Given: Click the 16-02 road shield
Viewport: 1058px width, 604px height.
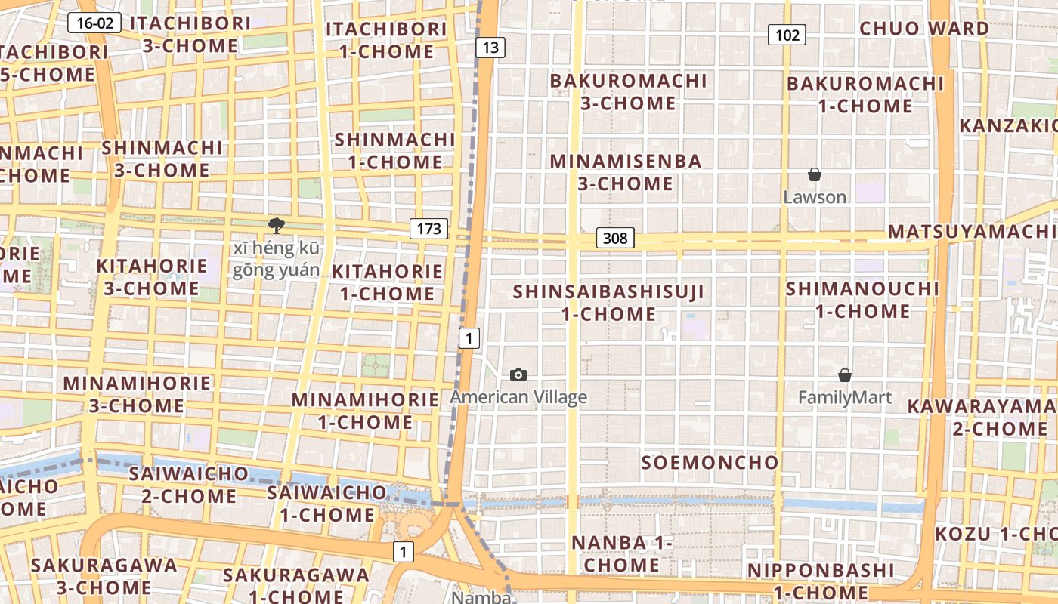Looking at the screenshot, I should [95, 23].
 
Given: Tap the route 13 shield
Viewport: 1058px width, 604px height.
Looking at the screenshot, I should [490, 48].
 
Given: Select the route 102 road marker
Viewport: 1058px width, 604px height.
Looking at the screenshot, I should [787, 35].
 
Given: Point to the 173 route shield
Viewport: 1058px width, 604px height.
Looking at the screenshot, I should [428, 229].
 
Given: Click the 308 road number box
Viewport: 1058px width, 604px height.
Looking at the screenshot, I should [615, 239].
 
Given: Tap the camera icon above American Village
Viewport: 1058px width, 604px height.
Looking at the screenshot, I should [518, 374].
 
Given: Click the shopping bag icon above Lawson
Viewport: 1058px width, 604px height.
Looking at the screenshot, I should [815, 175].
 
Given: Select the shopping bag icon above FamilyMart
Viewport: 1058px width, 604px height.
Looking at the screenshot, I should [845, 375].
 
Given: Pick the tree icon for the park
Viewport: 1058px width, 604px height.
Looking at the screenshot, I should [277, 225].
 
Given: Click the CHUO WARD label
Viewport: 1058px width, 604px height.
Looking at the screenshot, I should [924, 29].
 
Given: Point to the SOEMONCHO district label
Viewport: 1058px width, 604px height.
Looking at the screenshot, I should [710, 462].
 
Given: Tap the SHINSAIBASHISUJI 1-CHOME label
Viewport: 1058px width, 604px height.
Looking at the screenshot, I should [608, 302].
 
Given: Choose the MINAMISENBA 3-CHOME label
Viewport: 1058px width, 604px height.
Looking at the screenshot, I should [626, 172].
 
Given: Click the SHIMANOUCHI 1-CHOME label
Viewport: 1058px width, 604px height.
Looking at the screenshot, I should [862, 300].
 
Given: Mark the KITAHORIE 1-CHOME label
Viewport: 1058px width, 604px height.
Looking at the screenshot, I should [387, 282].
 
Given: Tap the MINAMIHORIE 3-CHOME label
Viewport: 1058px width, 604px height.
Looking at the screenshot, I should [137, 394].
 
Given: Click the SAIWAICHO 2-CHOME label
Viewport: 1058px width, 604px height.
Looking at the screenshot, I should [188, 485].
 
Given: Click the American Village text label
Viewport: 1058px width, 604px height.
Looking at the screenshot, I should [518, 397].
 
